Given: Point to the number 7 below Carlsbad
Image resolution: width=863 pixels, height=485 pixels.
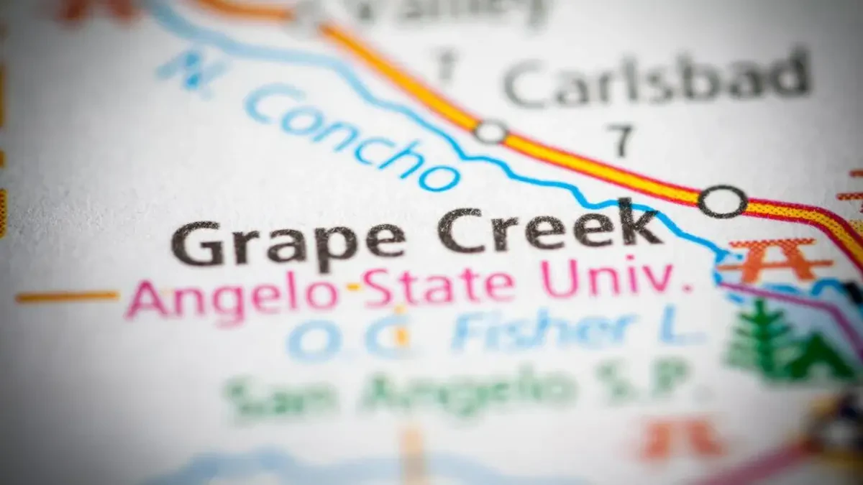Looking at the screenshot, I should point(620,139).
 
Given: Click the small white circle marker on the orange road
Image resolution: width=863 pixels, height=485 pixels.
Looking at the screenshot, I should point(490,131).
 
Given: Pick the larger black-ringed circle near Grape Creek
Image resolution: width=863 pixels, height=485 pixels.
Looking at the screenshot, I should point(722,201).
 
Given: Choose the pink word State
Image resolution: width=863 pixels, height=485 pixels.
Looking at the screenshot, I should point(439,285).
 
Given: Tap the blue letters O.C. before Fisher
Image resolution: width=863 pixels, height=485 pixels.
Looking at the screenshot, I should point(348,336).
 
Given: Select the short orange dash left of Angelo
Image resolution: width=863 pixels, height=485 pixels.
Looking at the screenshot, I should point(68,296).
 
